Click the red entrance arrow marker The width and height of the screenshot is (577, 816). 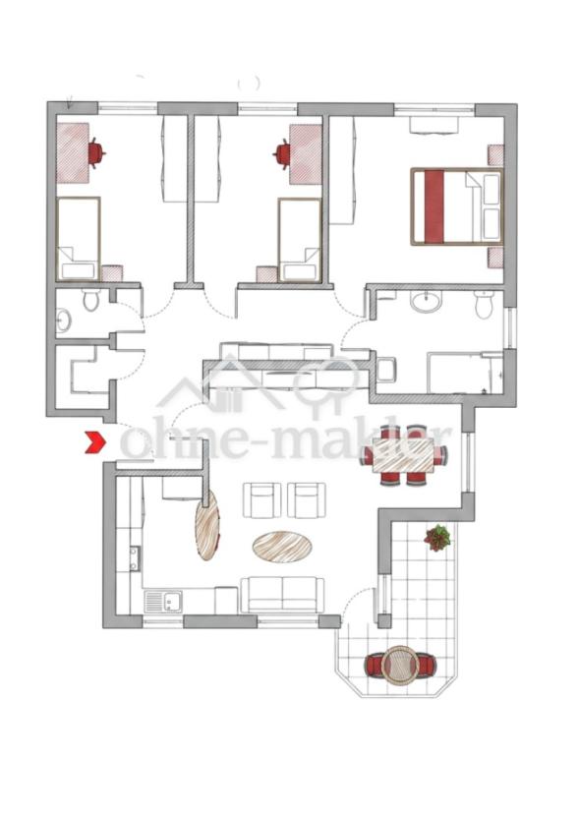pos(96,442)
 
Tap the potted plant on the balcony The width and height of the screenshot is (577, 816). pos(437,538)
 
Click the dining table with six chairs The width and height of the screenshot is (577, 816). pos(404,456)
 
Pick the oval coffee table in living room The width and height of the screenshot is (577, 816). pos(282,547)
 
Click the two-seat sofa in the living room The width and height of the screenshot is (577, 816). pos(282,595)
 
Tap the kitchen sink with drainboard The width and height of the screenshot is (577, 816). pos(163,602)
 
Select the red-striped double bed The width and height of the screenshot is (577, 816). pos(457,206)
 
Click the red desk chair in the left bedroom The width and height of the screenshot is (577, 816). pos(95,153)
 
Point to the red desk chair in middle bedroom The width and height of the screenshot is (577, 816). pos(282,153)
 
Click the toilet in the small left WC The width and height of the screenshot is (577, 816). pos(90,300)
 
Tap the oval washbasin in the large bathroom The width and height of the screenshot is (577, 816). pos(427,302)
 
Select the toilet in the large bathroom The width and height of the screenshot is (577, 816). pos(484,305)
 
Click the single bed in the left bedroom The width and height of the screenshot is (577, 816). pos(78,239)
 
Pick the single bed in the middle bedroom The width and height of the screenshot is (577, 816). pos(299,240)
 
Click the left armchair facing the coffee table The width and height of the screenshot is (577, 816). pos(261,500)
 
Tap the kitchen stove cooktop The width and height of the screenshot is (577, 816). pos(135,558)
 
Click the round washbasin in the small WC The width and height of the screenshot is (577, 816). pos(63,320)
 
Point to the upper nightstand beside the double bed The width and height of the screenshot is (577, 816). pos(495,155)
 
